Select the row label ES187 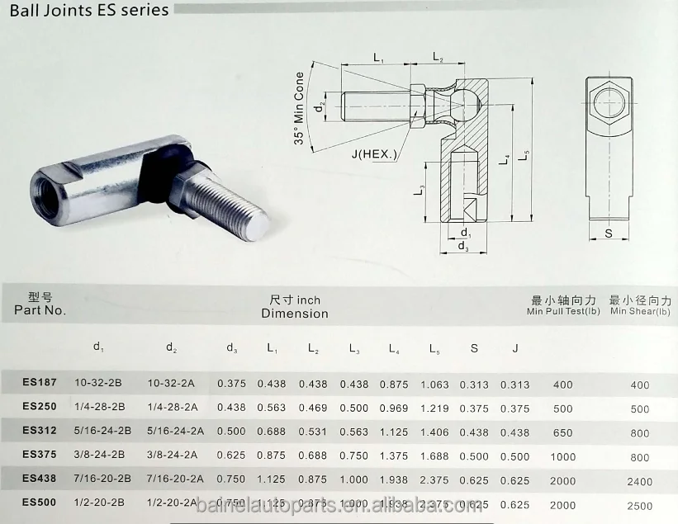(x=40, y=384)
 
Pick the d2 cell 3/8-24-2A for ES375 (x=172, y=456)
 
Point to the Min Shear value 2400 (x=639, y=482)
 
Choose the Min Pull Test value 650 (x=562, y=432)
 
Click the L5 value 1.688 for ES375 (x=435, y=456)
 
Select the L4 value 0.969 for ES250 (x=395, y=408)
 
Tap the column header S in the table (x=474, y=348)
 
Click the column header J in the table (x=514, y=348)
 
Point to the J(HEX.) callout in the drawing (x=373, y=154)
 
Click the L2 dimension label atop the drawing (x=438, y=59)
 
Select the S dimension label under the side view (x=609, y=234)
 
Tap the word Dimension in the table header (x=295, y=314)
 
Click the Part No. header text (x=40, y=311)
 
